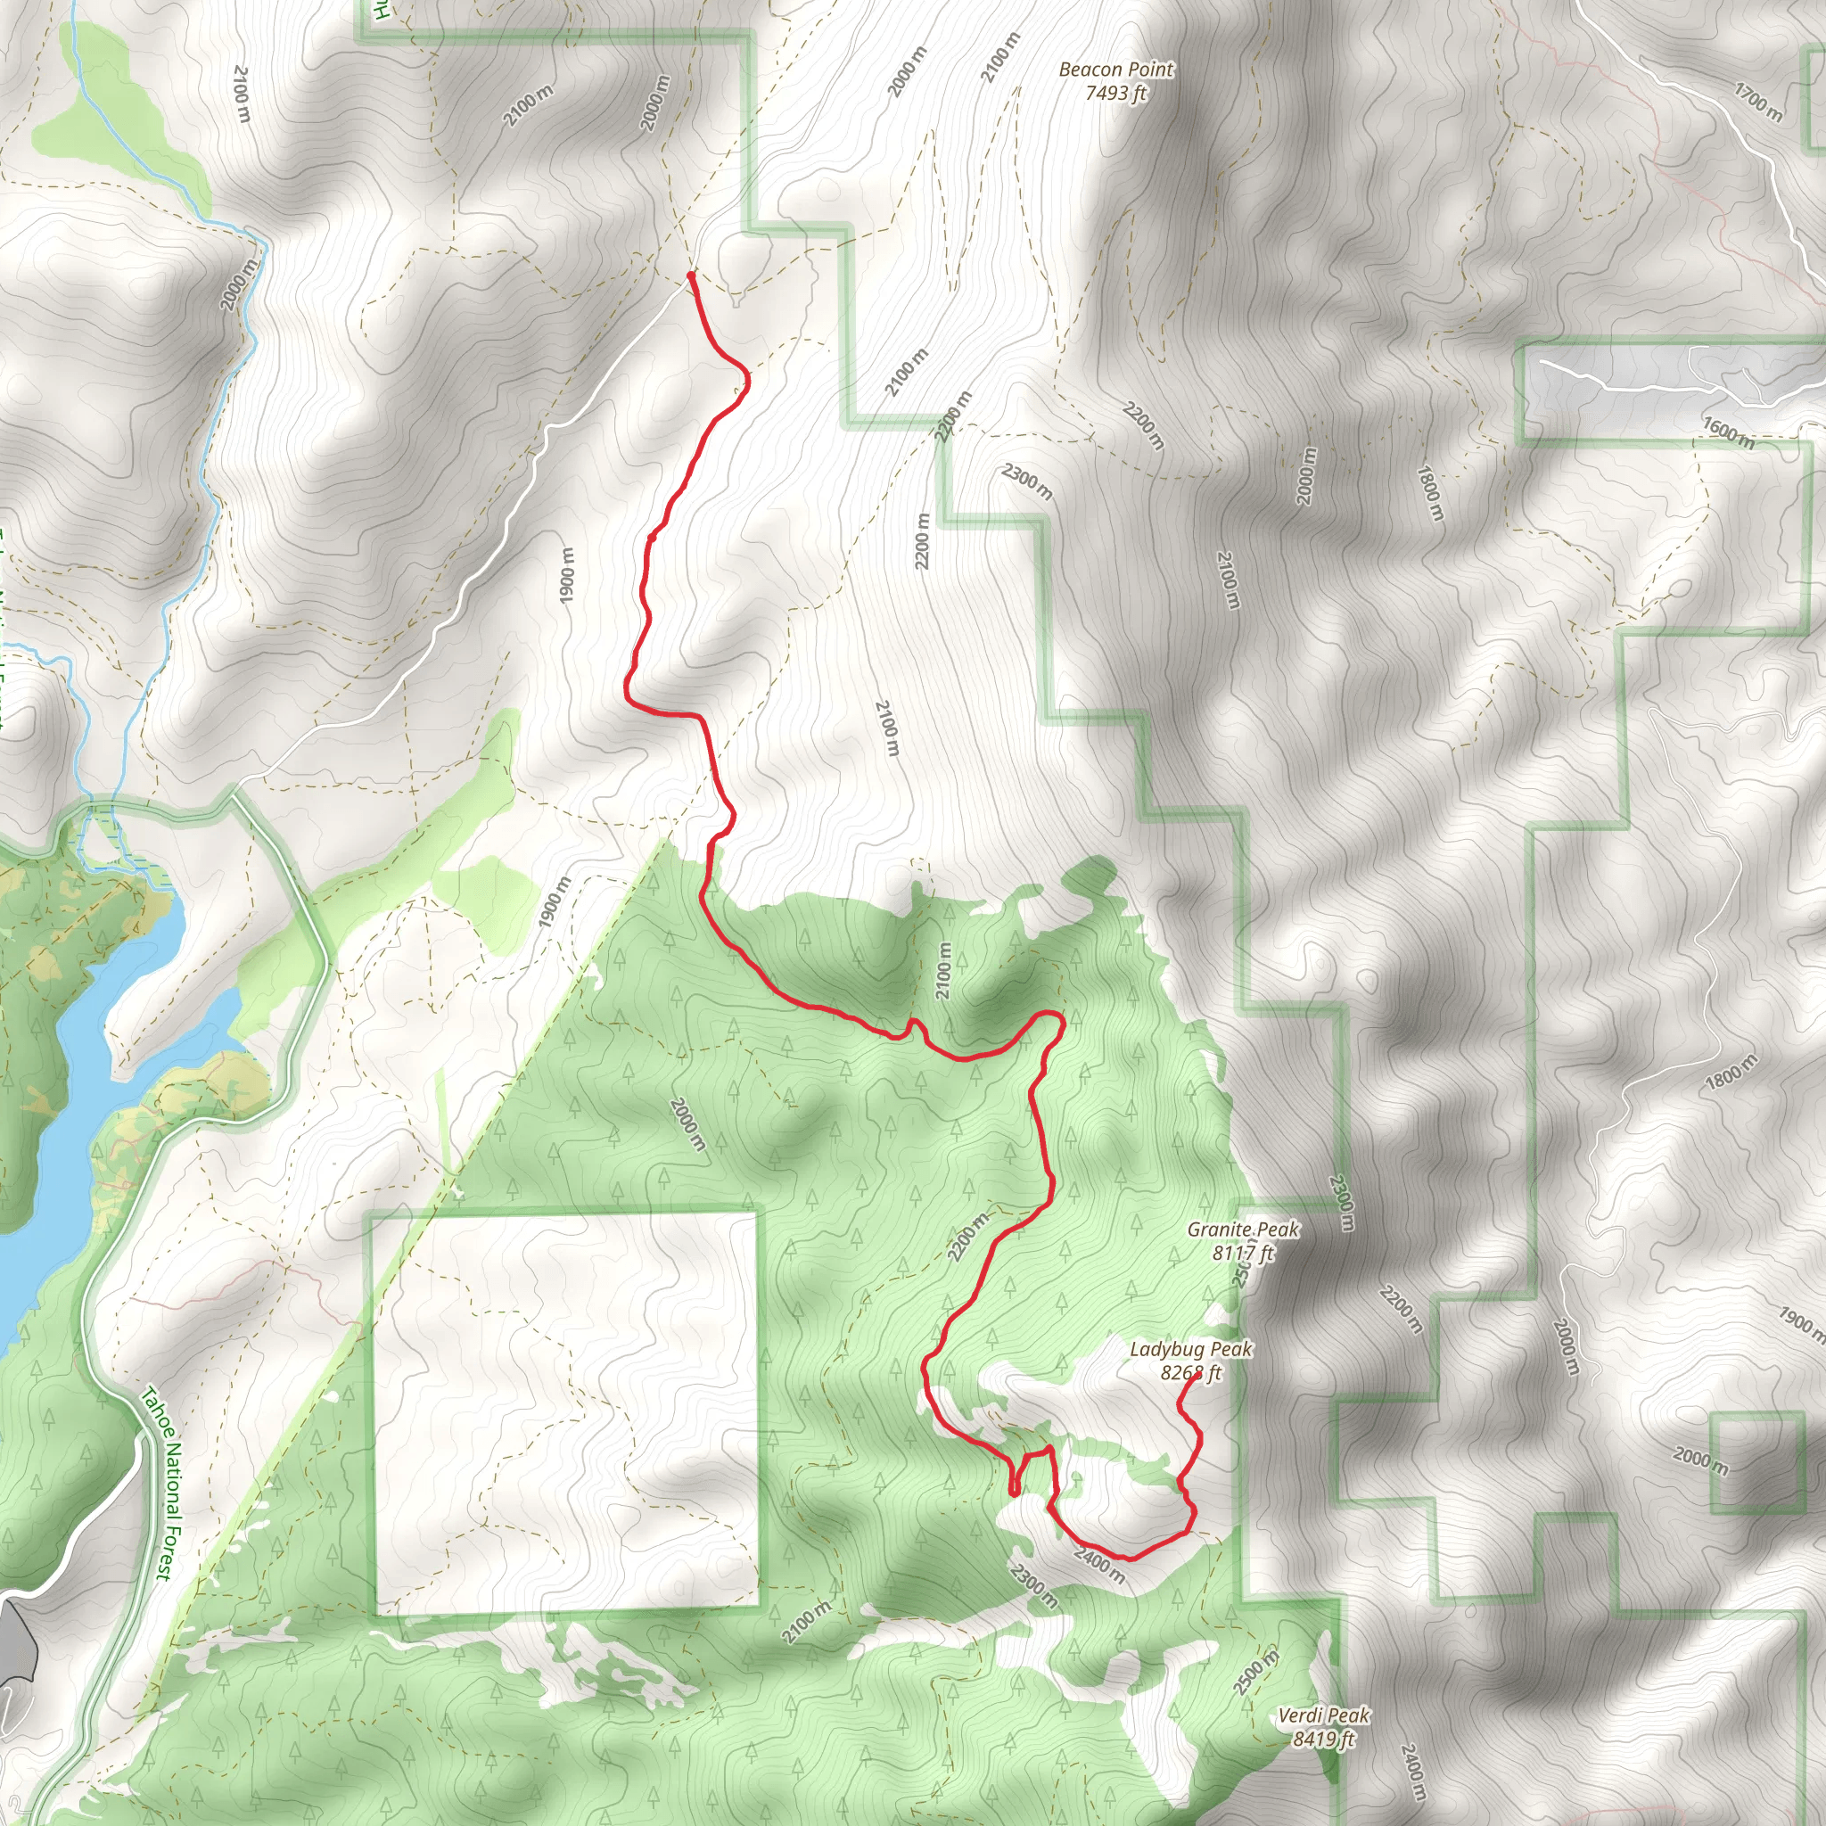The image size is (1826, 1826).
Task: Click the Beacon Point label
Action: click(x=1115, y=69)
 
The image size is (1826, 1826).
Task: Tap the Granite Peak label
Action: click(x=1243, y=1230)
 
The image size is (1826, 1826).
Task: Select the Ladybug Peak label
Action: click(x=1191, y=1350)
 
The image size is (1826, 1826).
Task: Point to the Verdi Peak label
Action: click(x=1323, y=1715)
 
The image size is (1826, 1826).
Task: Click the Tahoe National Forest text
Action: click(x=157, y=1483)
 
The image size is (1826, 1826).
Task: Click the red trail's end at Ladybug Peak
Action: click(x=1197, y=1376)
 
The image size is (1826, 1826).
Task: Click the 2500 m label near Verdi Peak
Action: click(x=1256, y=1672)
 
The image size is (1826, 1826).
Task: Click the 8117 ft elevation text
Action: click(x=1243, y=1254)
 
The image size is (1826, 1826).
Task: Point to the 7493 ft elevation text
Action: click(x=1115, y=93)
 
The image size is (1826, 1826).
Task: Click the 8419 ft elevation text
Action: click(x=1323, y=1739)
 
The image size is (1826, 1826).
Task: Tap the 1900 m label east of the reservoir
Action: click(x=556, y=902)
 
